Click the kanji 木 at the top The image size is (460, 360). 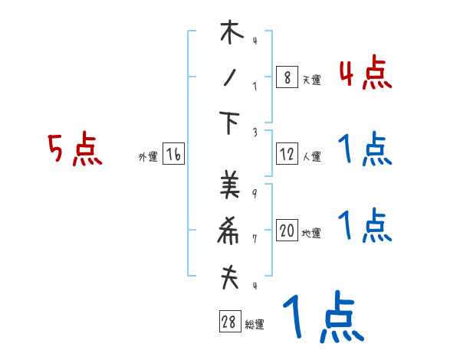(231, 34)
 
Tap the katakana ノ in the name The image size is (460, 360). (229, 79)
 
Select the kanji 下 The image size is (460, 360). (229, 125)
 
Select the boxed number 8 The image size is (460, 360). (287, 77)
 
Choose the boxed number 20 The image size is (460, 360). (287, 231)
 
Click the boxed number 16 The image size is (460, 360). (173, 155)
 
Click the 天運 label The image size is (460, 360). (311, 80)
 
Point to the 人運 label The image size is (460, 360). (311, 157)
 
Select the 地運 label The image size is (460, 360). (311, 234)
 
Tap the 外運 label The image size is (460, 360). (147, 157)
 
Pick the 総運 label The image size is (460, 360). (255, 325)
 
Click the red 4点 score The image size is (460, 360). (365, 74)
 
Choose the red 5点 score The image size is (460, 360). (75, 149)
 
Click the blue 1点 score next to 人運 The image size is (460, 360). (365, 149)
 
